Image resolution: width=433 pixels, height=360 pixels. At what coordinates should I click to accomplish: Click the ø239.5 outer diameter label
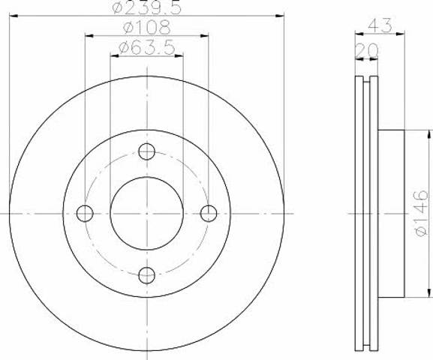[147, 7]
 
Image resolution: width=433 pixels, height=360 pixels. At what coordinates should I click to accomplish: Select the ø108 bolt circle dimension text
[146, 28]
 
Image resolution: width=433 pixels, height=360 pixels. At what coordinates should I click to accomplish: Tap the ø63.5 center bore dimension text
[146, 47]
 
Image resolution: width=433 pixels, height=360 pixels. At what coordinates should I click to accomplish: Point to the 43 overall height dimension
[380, 25]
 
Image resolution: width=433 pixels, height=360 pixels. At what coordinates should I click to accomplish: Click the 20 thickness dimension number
[366, 50]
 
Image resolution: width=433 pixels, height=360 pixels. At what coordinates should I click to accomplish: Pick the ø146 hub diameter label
[422, 213]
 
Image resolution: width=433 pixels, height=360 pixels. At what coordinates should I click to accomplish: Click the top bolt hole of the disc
[146, 151]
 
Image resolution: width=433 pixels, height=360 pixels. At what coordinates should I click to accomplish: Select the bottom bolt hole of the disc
[146, 275]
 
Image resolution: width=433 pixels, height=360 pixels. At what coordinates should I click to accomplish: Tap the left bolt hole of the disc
[85, 214]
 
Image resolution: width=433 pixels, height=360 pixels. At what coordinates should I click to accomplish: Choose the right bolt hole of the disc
[209, 214]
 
